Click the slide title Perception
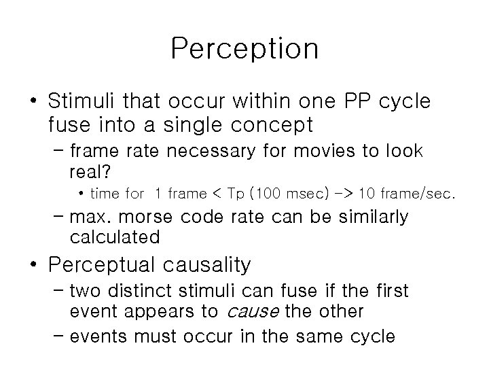[244, 48]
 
